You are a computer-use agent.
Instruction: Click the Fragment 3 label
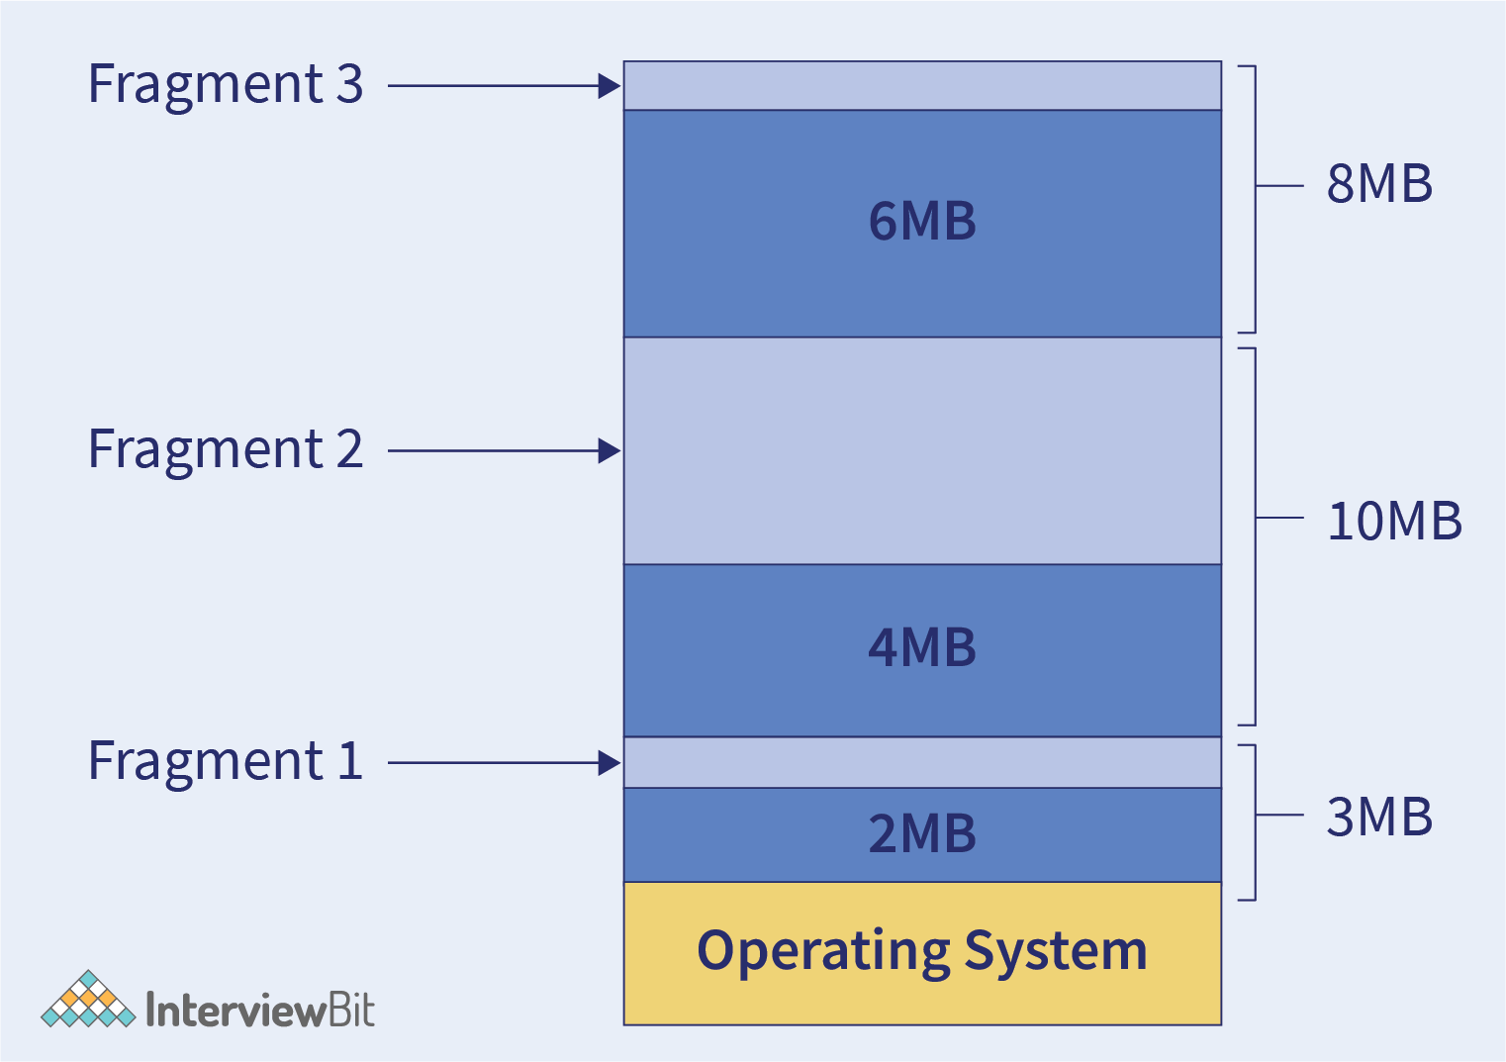coord(226,85)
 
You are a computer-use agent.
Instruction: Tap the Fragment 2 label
coord(226,450)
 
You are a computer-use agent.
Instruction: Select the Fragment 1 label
coord(226,762)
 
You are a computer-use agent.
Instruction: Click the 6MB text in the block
coord(922,222)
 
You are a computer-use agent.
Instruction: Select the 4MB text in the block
coord(922,648)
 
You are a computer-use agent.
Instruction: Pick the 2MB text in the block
coord(922,834)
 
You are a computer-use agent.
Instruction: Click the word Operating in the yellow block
coord(823,952)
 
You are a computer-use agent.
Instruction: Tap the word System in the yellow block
coord(1056,952)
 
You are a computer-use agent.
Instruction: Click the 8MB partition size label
coord(1379,185)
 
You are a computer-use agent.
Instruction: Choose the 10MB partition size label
coord(1394,522)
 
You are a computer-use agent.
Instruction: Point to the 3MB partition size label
coord(1379,818)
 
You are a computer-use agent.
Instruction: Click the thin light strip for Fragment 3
coord(922,86)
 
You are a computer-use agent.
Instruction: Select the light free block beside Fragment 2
coord(922,451)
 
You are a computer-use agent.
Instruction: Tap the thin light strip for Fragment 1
coord(922,763)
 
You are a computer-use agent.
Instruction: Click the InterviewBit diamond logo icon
coord(88,1000)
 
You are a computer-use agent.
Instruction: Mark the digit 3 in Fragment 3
coord(349,85)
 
